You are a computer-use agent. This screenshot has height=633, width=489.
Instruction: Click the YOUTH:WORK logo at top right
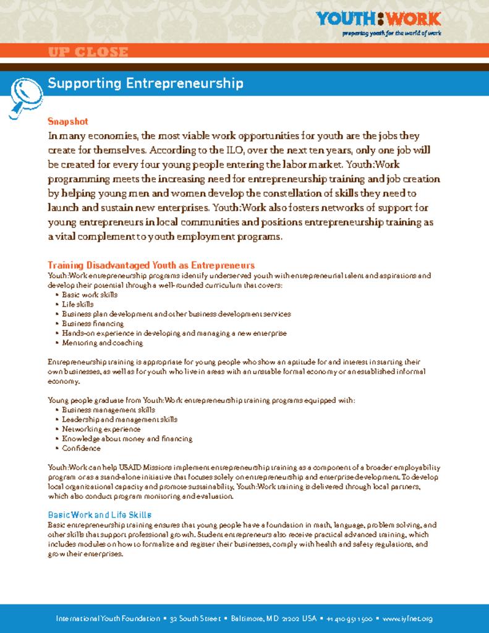tap(378, 19)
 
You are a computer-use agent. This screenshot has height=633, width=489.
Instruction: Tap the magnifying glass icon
tap(24, 94)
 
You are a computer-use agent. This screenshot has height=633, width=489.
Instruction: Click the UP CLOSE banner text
tap(88, 53)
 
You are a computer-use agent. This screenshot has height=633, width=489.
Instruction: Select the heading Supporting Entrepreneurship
tap(145, 83)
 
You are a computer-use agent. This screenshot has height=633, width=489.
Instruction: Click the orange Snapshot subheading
tap(68, 122)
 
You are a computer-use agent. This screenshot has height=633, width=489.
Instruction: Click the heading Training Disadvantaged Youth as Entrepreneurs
tap(151, 265)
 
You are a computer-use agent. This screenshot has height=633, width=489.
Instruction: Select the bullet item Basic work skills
tap(90, 295)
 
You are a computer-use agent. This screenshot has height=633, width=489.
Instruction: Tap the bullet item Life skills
tap(78, 304)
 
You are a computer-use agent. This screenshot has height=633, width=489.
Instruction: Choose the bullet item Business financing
tap(93, 323)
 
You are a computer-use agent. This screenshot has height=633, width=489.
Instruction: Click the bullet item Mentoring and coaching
tap(102, 342)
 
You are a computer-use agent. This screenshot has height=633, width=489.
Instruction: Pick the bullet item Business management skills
tap(108, 409)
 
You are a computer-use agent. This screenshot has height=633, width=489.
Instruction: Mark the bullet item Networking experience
tap(101, 428)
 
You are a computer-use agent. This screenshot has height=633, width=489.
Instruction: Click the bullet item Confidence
tap(81, 448)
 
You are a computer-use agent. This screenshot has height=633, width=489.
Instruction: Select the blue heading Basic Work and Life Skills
tap(100, 514)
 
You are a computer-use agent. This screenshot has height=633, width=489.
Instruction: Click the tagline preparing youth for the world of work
tap(392, 33)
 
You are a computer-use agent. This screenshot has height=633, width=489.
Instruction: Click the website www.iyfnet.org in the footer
tap(407, 619)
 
